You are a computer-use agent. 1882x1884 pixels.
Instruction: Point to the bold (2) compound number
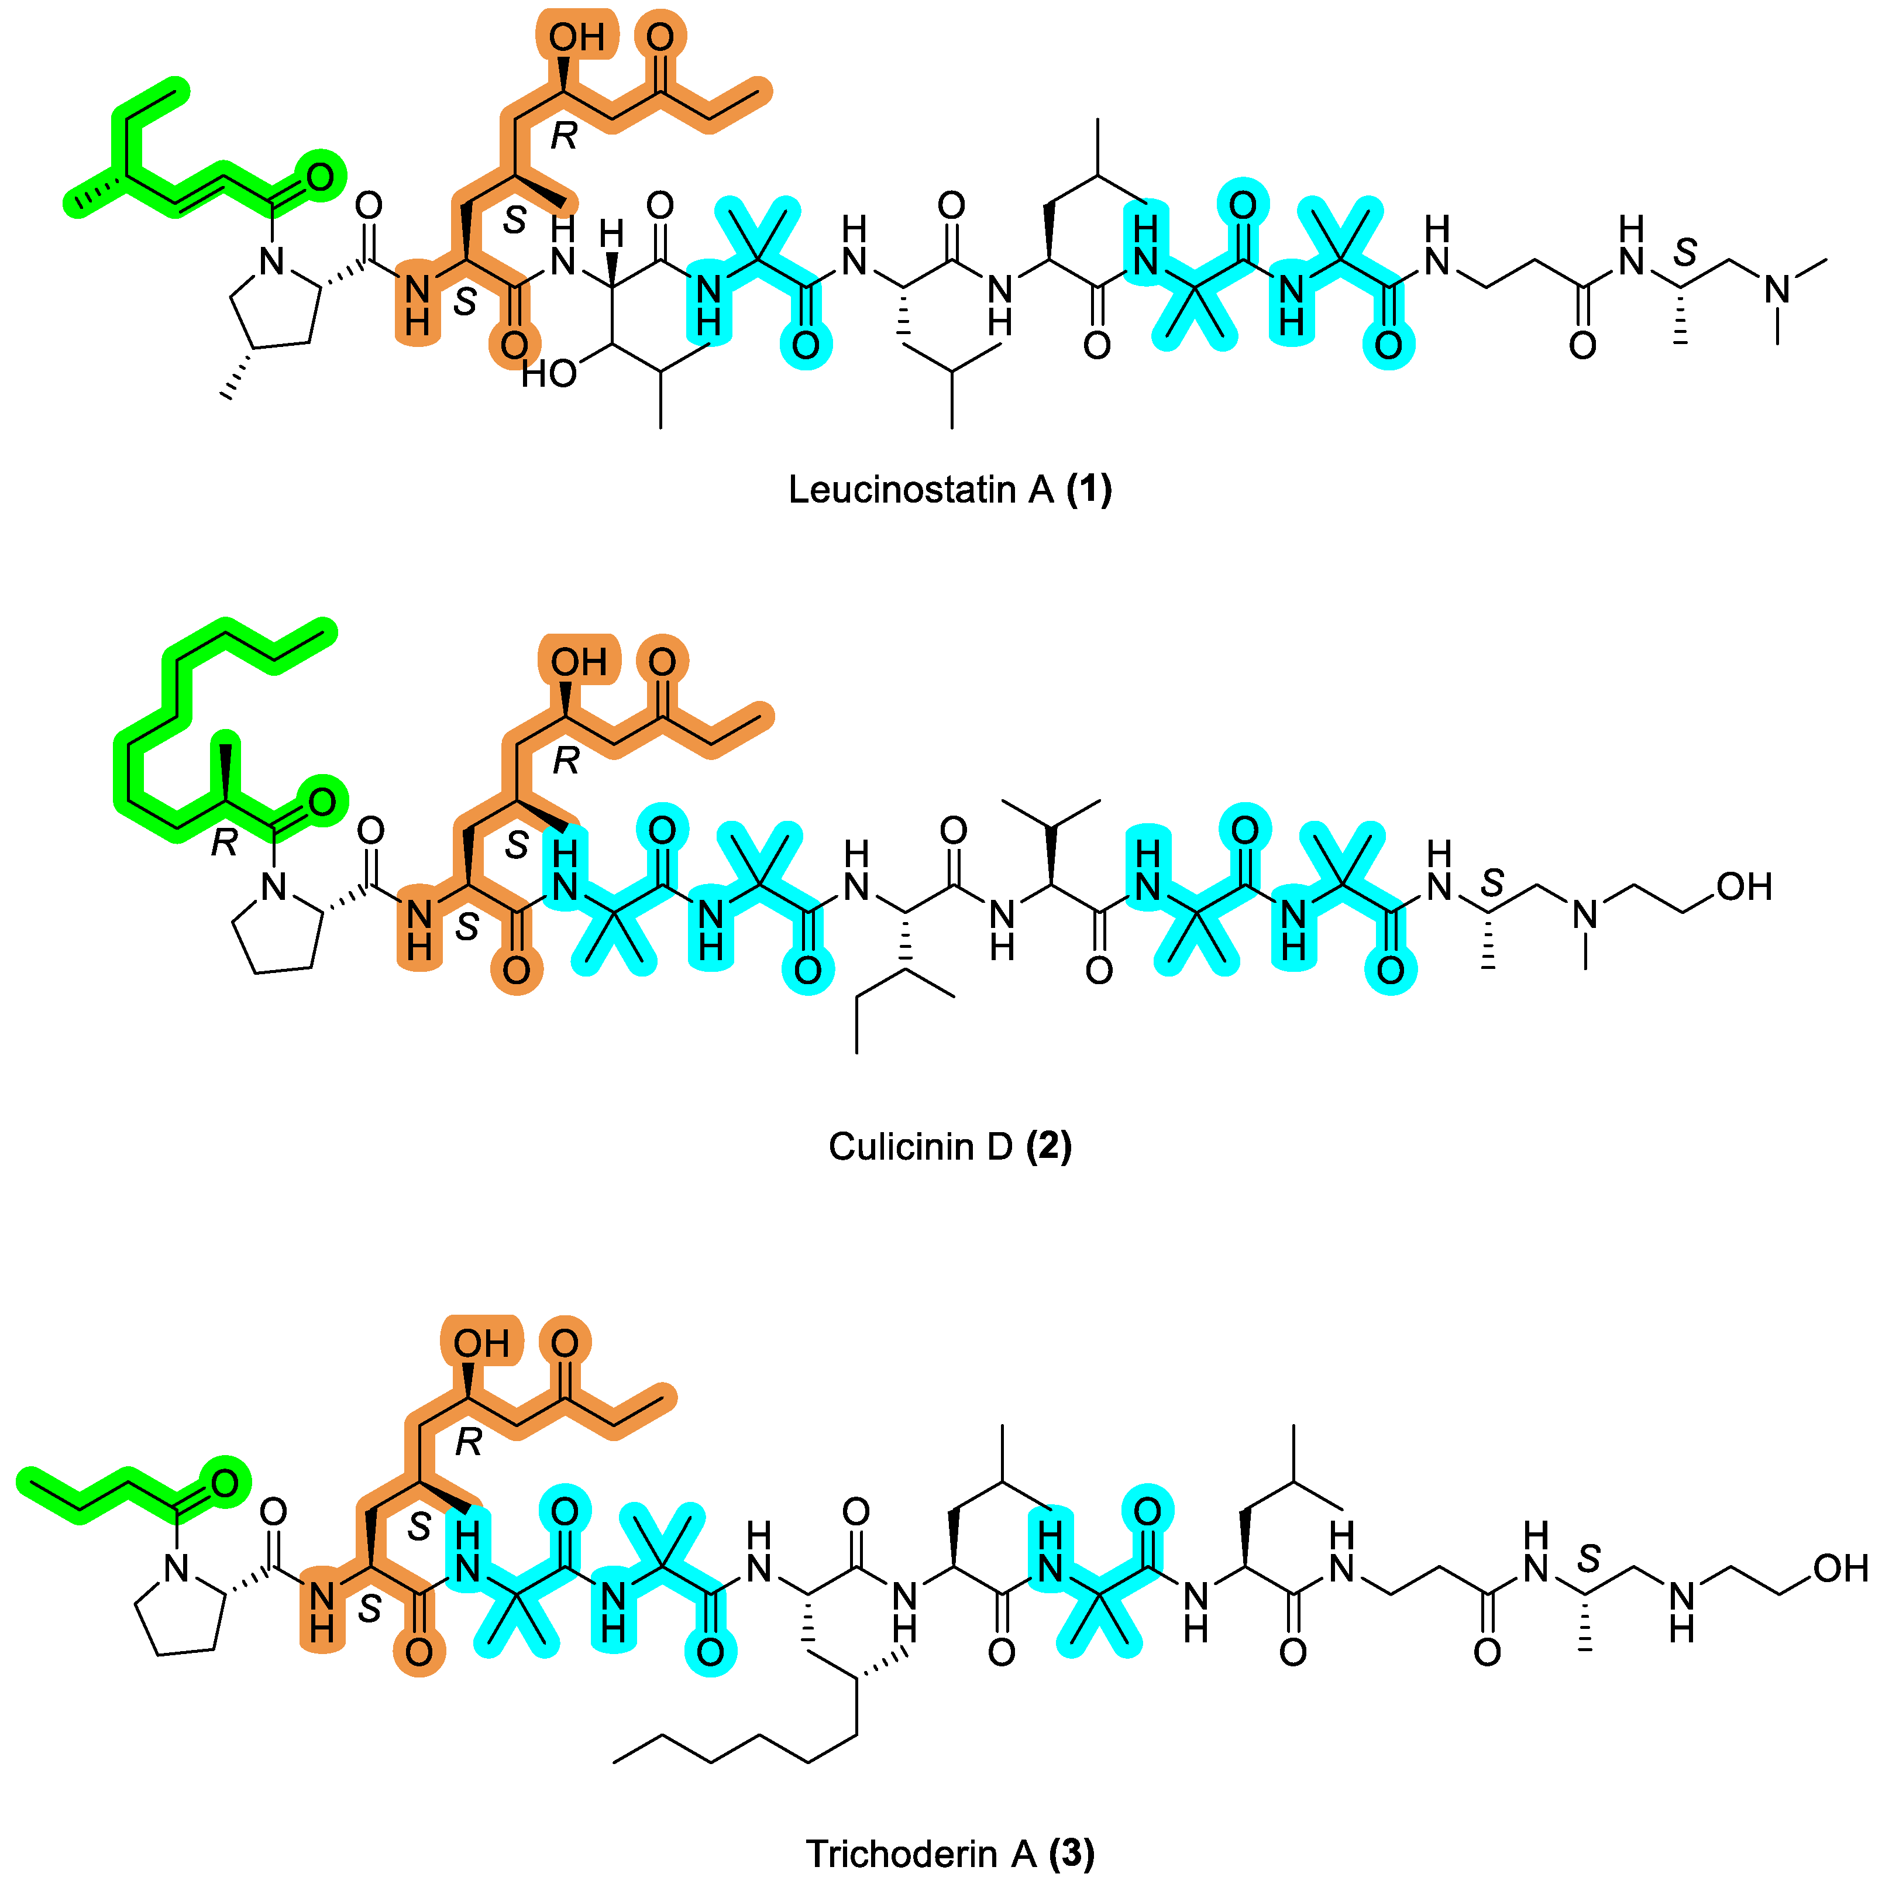pyautogui.click(x=1048, y=1147)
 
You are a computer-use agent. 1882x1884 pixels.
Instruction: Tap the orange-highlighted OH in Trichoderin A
pyautogui.click(x=481, y=1345)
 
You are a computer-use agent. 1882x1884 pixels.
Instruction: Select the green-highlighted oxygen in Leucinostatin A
pyautogui.click(x=320, y=177)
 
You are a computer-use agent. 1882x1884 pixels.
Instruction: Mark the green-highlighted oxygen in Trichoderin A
pyautogui.click(x=224, y=1484)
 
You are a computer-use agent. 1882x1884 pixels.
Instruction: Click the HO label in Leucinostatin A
pyautogui.click(x=548, y=373)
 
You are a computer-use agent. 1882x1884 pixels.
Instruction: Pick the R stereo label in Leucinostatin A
pyautogui.click(x=563, y=136)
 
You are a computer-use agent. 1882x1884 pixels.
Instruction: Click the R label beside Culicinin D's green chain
pyautogui.click(x=224, y=843)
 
